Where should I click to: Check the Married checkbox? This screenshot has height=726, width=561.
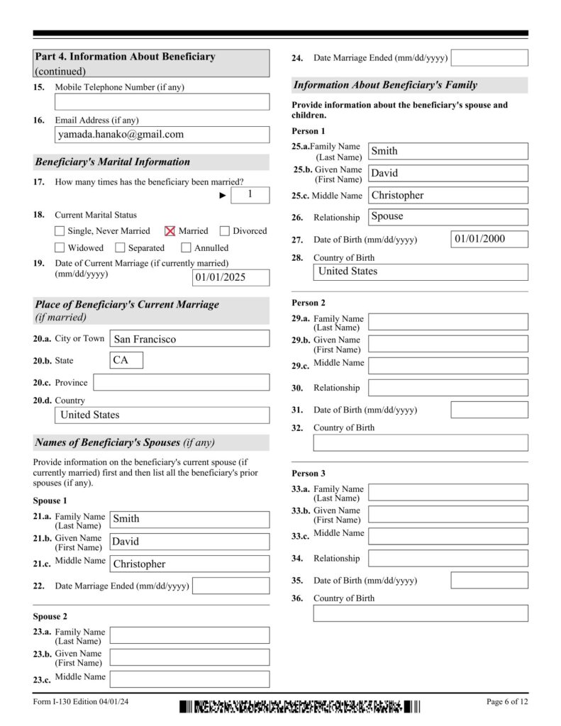tap(170, 230)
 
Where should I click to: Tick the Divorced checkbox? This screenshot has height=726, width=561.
tap(225, 230)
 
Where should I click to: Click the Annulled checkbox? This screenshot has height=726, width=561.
tap(186, 247)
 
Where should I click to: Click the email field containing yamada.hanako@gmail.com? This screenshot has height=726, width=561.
tap(162, 135)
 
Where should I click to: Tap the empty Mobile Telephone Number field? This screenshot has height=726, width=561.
tap(162, 102)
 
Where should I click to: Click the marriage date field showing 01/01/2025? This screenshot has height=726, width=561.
tap(230, 277)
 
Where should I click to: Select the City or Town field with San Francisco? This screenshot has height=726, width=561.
tap(189, 339)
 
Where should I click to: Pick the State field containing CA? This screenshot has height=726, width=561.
tap(126, 360)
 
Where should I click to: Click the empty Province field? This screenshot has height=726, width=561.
tap(181, 383)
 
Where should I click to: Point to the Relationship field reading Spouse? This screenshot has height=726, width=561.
tap(448, 217)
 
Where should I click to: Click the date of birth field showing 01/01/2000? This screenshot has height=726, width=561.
tap(489, 239)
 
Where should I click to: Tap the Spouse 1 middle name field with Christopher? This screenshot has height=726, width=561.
tap(189, 564)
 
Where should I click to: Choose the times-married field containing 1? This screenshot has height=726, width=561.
tap(250, 194)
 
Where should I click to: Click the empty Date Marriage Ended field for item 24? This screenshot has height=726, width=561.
tap(489, 58)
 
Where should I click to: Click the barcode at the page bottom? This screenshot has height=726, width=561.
tap(299, 706)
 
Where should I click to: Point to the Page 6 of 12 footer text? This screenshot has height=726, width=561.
tap(507, 702)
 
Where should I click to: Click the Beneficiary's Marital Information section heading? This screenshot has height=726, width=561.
tap(113, 162)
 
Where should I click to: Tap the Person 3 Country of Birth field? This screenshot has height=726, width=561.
tap(421, 613)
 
